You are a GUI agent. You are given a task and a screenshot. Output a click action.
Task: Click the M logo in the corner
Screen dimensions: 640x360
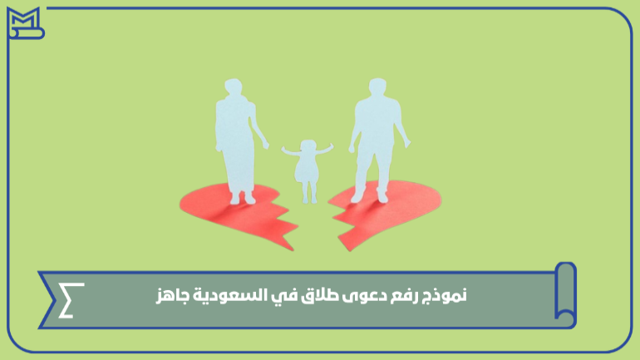[x=25, y=23]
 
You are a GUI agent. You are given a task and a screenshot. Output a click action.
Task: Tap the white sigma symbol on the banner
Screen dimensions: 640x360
[x=71, y=300]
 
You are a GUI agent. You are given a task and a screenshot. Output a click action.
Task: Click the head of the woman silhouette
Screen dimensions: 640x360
[x=234, y=87]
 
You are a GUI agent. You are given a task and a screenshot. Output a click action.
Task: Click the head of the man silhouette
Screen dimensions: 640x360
[x=377, y=86]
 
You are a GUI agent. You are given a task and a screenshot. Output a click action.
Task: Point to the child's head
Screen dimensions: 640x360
[x=308, y=147]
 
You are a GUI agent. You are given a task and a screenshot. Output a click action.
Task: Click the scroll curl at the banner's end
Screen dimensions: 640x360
[x=565, y=293]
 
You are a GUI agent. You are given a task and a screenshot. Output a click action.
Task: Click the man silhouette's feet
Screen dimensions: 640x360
[x=370, y=198]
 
